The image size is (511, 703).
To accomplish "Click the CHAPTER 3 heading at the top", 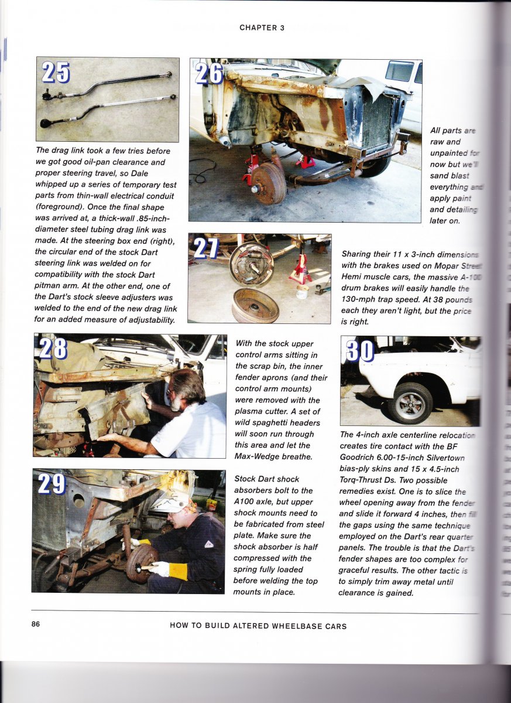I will coord(262,28).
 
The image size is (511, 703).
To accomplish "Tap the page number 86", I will coord(36,625).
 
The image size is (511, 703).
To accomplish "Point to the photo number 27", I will coord(206,248).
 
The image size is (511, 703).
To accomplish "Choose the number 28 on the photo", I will coord(52,349).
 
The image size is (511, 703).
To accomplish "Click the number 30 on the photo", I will coord(360,350).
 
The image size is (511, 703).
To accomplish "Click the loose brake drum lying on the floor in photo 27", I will coord(255,305).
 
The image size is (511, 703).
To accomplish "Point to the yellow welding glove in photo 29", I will coord(177,569).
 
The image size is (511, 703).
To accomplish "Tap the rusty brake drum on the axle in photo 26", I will coord(269,183).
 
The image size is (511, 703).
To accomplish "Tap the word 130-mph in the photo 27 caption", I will coord(360,299).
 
